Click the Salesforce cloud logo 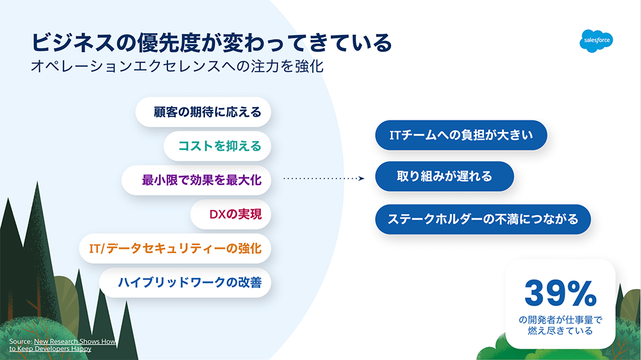[x=598, y=40]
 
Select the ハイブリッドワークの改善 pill [x=190, y=282]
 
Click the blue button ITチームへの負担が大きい [x=461, y=135]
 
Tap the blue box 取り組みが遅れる [x=444, y=176]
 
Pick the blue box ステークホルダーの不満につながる [x=483, y=219]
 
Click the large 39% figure [x=560, y=293]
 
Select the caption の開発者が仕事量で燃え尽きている [x=560, y=325]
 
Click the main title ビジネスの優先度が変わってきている [x=212, y=43]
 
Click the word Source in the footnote [x=20, y=342]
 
